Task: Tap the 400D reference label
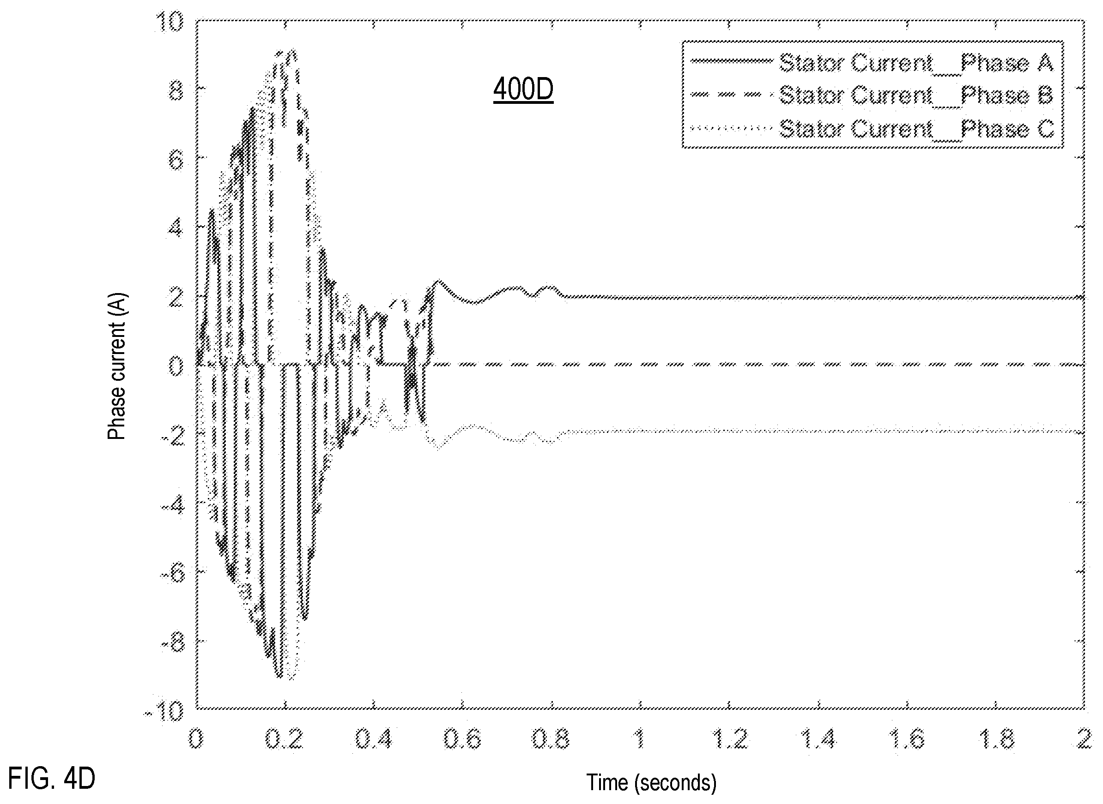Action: pos(523,90)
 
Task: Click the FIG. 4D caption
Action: pos(52,778)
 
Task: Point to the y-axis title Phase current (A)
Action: pos(117,366)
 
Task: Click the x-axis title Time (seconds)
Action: pos(651,783)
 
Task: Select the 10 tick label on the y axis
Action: pos(169,22)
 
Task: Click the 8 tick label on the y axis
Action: pos(176,90)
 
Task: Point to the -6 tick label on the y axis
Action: pos(173,573)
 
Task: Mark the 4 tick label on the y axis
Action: pos(176,228)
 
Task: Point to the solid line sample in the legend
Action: pos(732,61)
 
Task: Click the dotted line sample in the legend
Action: pos(732,129)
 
